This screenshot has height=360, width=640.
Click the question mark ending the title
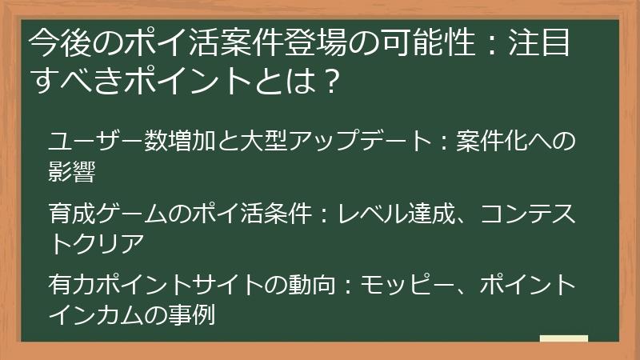pos(324,79)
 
